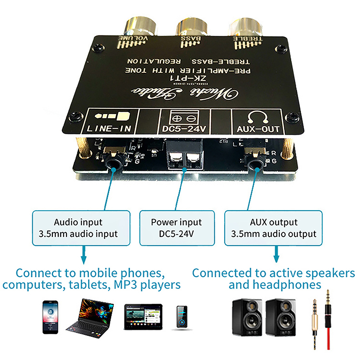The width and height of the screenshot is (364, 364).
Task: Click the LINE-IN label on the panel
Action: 109,129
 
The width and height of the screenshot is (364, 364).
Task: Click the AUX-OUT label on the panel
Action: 258,129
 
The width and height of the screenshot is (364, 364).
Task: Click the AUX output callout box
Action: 273,228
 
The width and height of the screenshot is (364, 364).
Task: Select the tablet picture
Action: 142,317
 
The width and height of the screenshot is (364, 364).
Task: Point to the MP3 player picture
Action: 182,317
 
